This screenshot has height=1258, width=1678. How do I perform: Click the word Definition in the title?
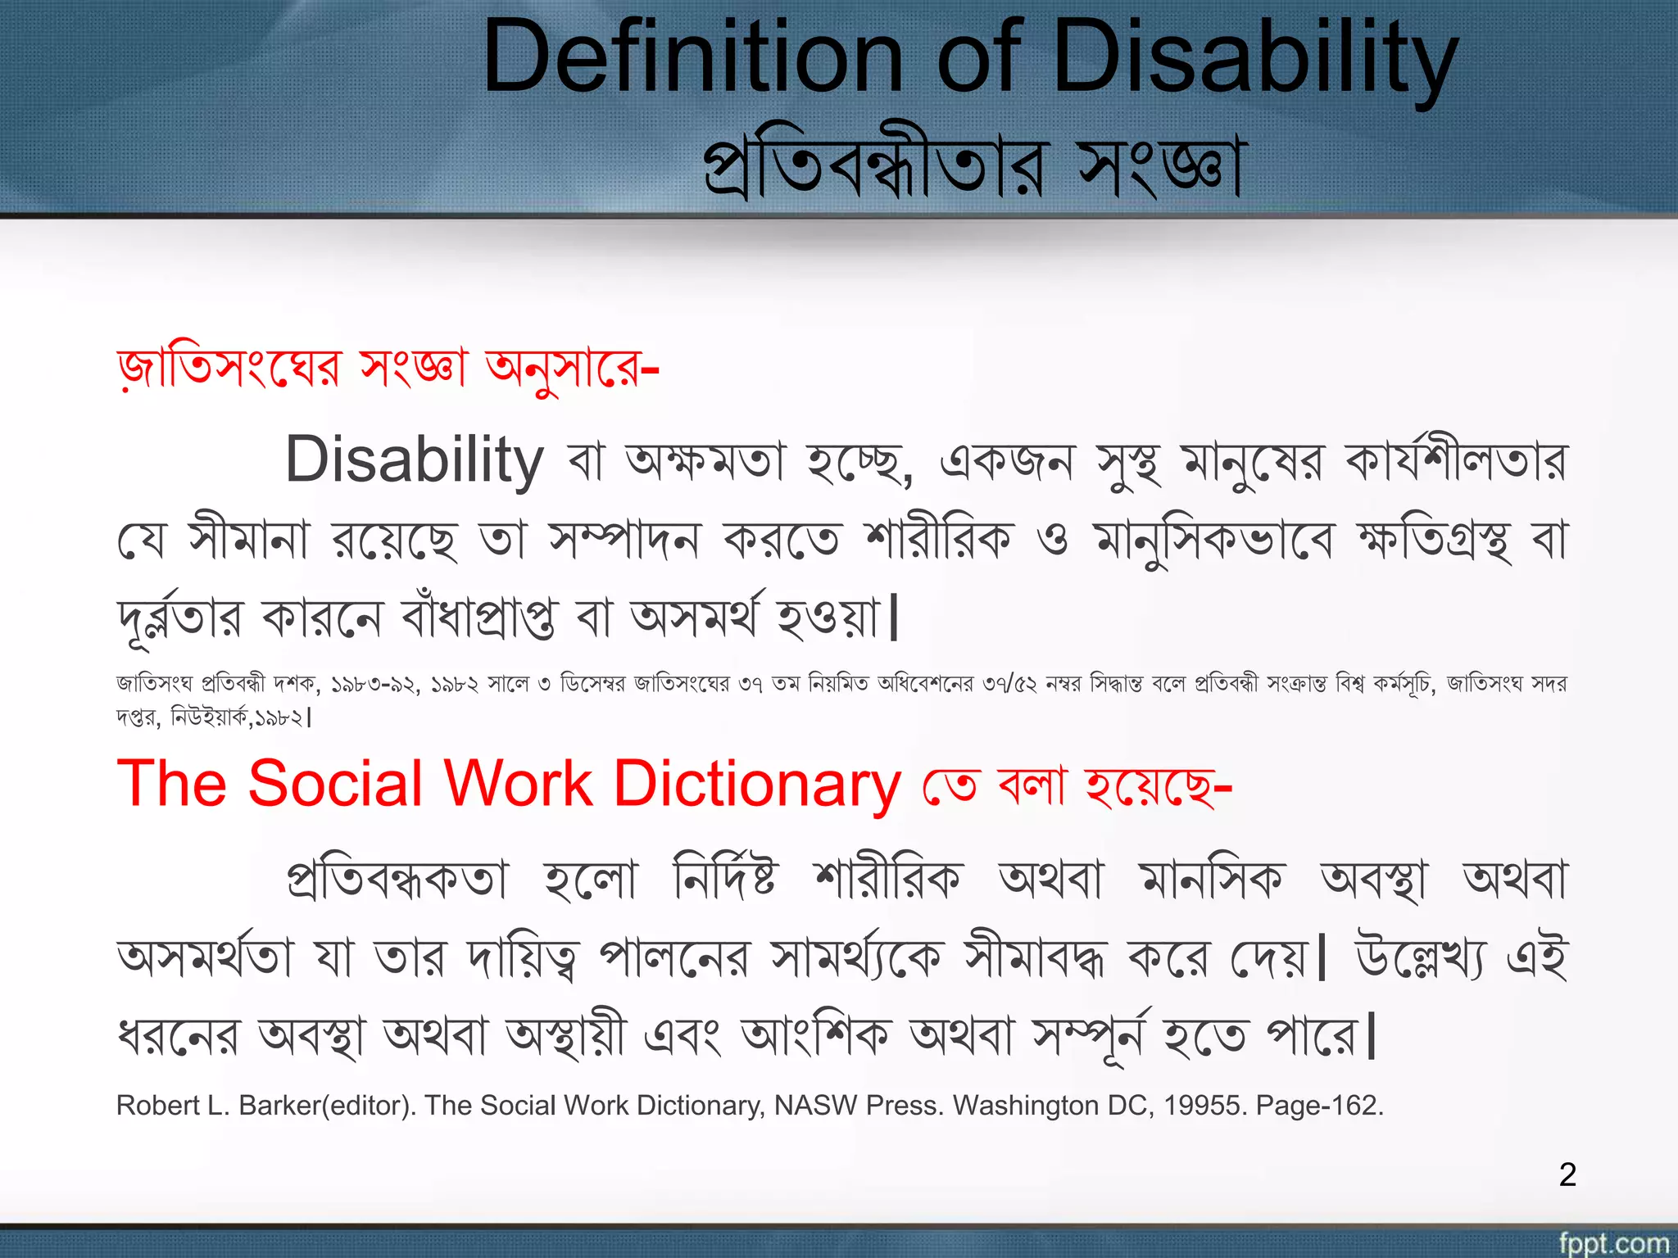(x=692, y=57)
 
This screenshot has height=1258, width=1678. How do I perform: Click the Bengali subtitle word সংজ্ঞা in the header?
(x=1159, y=168)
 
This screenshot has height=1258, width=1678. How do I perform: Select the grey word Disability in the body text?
(x=414, y=460)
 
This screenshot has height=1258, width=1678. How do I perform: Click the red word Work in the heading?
(x=518, y=784)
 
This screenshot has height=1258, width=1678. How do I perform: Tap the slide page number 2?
(x=1567, y=1174)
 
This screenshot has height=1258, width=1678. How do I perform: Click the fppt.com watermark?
(x=1613, y=1242)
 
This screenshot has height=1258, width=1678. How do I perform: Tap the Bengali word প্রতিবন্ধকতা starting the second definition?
(x=398, y=880)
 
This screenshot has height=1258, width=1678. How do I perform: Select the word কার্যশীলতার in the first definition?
(x=1455, y=460)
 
